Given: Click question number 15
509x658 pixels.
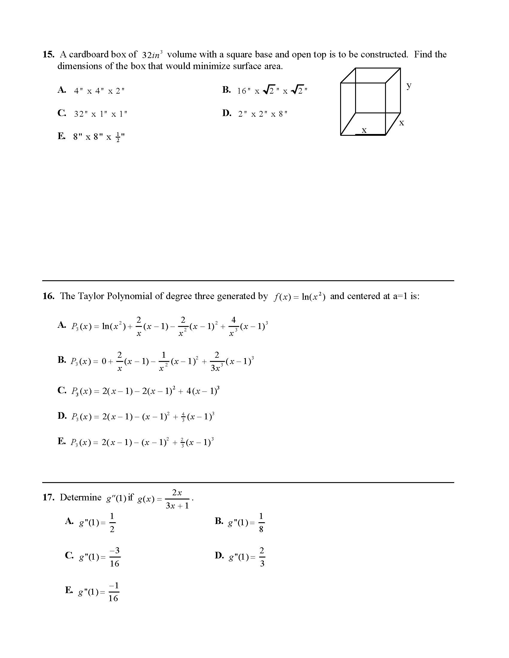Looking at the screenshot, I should tap(48, 54).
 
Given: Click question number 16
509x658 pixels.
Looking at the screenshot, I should tap(48, 296).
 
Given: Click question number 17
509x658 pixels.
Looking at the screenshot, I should tap(48, 497).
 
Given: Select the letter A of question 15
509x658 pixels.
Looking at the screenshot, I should tap(61, 90).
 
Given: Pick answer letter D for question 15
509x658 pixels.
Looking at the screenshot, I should tap(226, 113).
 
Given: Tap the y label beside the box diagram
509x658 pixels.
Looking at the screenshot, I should tap(409, 85).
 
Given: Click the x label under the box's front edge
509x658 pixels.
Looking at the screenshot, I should tap(364, 130).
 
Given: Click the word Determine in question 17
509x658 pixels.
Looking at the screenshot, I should tap(81, 497).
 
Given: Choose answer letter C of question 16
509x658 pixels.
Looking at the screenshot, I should tap(61, 390).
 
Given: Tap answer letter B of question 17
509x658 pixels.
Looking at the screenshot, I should tap(219, 521).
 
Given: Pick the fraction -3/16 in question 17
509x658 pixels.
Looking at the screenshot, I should tap(115, 557).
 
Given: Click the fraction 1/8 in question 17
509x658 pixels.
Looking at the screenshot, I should tap(261, 523).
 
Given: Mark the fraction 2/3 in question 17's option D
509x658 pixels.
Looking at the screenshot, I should tap(262, 557).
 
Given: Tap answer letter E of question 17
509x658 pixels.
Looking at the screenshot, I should tap(69, 590).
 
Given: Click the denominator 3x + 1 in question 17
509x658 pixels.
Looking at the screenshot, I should tap(177, 506).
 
